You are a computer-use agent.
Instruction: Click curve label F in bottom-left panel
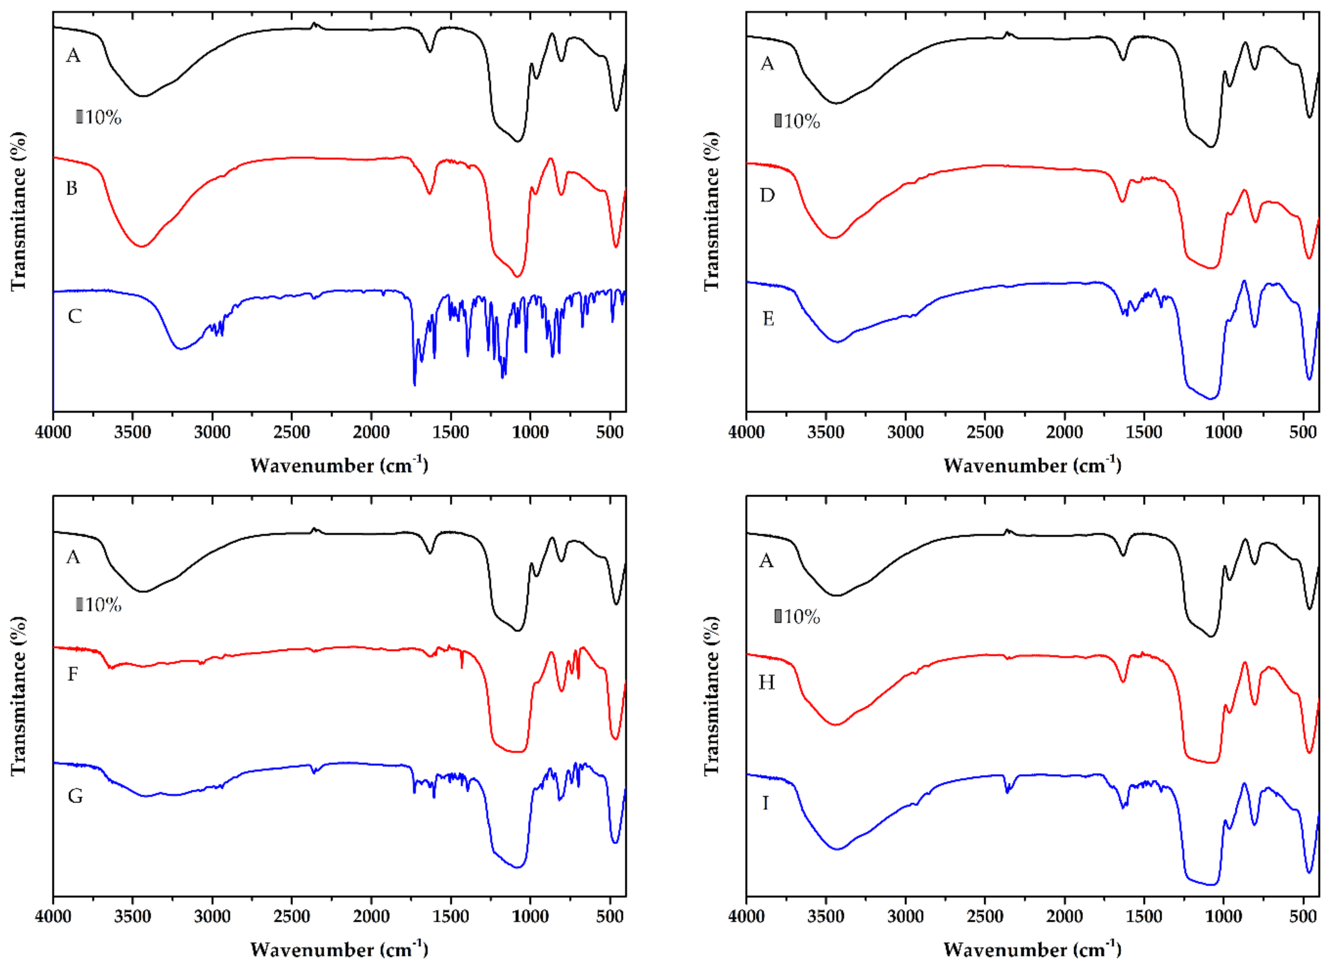pyautogui.click(x=72, y=674)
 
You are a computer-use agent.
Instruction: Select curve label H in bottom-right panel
pyautogui.click(x=766, y=682)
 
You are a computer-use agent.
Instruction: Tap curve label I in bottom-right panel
pyautogui.click(x=765, y=803)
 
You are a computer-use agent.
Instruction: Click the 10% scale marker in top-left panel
pyautogui.click(x=99, y=117)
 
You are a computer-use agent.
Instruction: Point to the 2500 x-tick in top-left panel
pyautogui.click(x=292, y=432)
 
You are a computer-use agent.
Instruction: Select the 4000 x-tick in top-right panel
pyautogui.click(x=747, y=432)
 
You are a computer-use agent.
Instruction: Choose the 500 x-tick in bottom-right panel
pyautogui.click(x=1303, y=917)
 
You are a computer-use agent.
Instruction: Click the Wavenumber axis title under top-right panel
pyautogui.click(x=1032, y=466)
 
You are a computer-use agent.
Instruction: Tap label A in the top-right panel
pyautogui.click(x=767, y=64)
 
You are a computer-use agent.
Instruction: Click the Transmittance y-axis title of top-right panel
pyautogui.click(x=711, y=211)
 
